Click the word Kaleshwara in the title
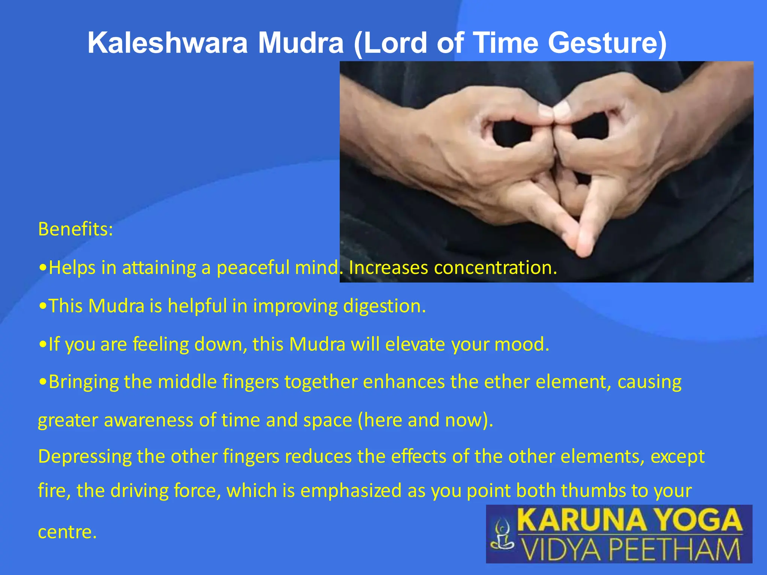pos(167,43)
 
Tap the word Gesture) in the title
pos(607,43)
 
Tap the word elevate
pos(415,344)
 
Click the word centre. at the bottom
pos(67,532)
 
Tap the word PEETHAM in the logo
pos(674,549)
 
